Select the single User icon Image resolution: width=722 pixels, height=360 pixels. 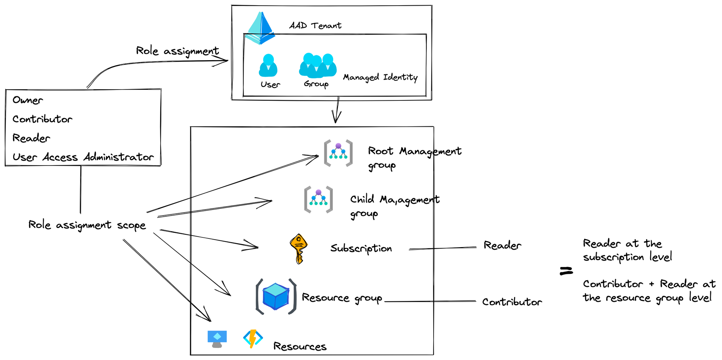tap(268, 65)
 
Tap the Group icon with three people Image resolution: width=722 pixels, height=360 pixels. tap(318, 65)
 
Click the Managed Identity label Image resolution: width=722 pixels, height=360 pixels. tap(380, 77)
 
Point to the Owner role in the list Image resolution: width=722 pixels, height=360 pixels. tap(28, 100)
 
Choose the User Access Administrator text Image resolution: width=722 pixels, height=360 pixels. tap(83, 157)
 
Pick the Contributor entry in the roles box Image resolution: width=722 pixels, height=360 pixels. tap(42, 119)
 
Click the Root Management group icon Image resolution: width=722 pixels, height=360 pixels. tap(338, 153)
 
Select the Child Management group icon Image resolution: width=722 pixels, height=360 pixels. tap(319, 199)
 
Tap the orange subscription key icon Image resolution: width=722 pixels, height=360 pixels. tap(299, 249)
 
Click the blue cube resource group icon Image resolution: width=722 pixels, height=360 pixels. tap(276, 296)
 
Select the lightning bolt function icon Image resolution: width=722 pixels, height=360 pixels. tap(253, 339)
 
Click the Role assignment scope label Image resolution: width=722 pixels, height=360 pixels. tap(87, 225)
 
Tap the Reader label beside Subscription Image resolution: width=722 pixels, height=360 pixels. tap(502, 245)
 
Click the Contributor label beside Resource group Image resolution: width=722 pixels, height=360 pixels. tap(512, 302)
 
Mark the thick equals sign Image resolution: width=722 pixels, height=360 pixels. tap(566, 271)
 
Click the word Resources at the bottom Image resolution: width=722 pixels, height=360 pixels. tap(300, 346)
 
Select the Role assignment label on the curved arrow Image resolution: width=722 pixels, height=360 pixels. tap(177, 51)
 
